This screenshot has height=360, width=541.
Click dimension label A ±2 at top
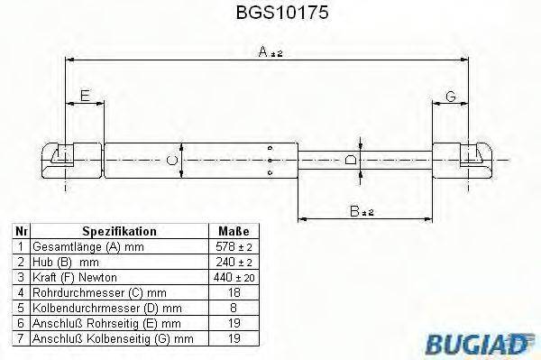(270, 53)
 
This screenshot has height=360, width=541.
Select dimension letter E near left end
(84, 96)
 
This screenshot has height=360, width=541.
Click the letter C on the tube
(172, 161)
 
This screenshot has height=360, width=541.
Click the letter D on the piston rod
(351, 160)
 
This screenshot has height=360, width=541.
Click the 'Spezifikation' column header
(119, 231)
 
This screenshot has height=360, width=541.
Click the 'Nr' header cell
(20, 231)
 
